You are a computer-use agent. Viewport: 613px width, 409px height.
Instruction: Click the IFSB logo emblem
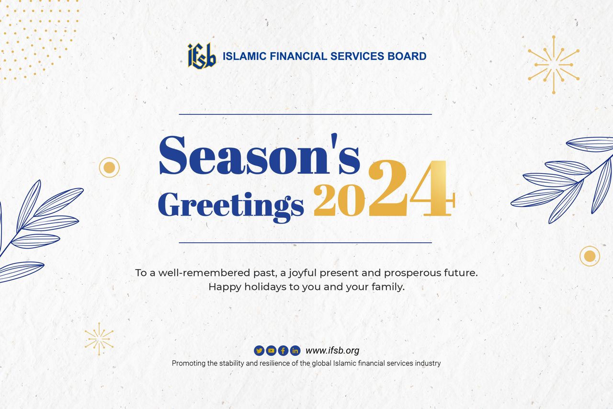pos(202,56)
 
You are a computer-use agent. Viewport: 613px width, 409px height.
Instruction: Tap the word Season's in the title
pos(259,154)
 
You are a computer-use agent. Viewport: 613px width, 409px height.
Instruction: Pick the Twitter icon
pos(259,351)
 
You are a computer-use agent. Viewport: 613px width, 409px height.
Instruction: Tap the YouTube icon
pos(271,351)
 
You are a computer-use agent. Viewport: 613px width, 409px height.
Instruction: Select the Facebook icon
pos(283,351)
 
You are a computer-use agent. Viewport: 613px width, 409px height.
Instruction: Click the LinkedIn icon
pos(295,351)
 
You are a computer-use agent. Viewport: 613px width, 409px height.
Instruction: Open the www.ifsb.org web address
pos(332,351)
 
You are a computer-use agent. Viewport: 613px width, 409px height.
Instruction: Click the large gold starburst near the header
pos(554,65)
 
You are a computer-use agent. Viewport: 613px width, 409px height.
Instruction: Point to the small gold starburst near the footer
pos(99,339)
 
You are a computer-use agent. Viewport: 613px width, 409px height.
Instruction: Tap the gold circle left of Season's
pos(109,167)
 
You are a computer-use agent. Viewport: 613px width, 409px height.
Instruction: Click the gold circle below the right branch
pos(590,256)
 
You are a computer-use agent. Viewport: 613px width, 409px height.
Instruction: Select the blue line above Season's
pos(306,114)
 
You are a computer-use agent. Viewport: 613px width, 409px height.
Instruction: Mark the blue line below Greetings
pos(306,242)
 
